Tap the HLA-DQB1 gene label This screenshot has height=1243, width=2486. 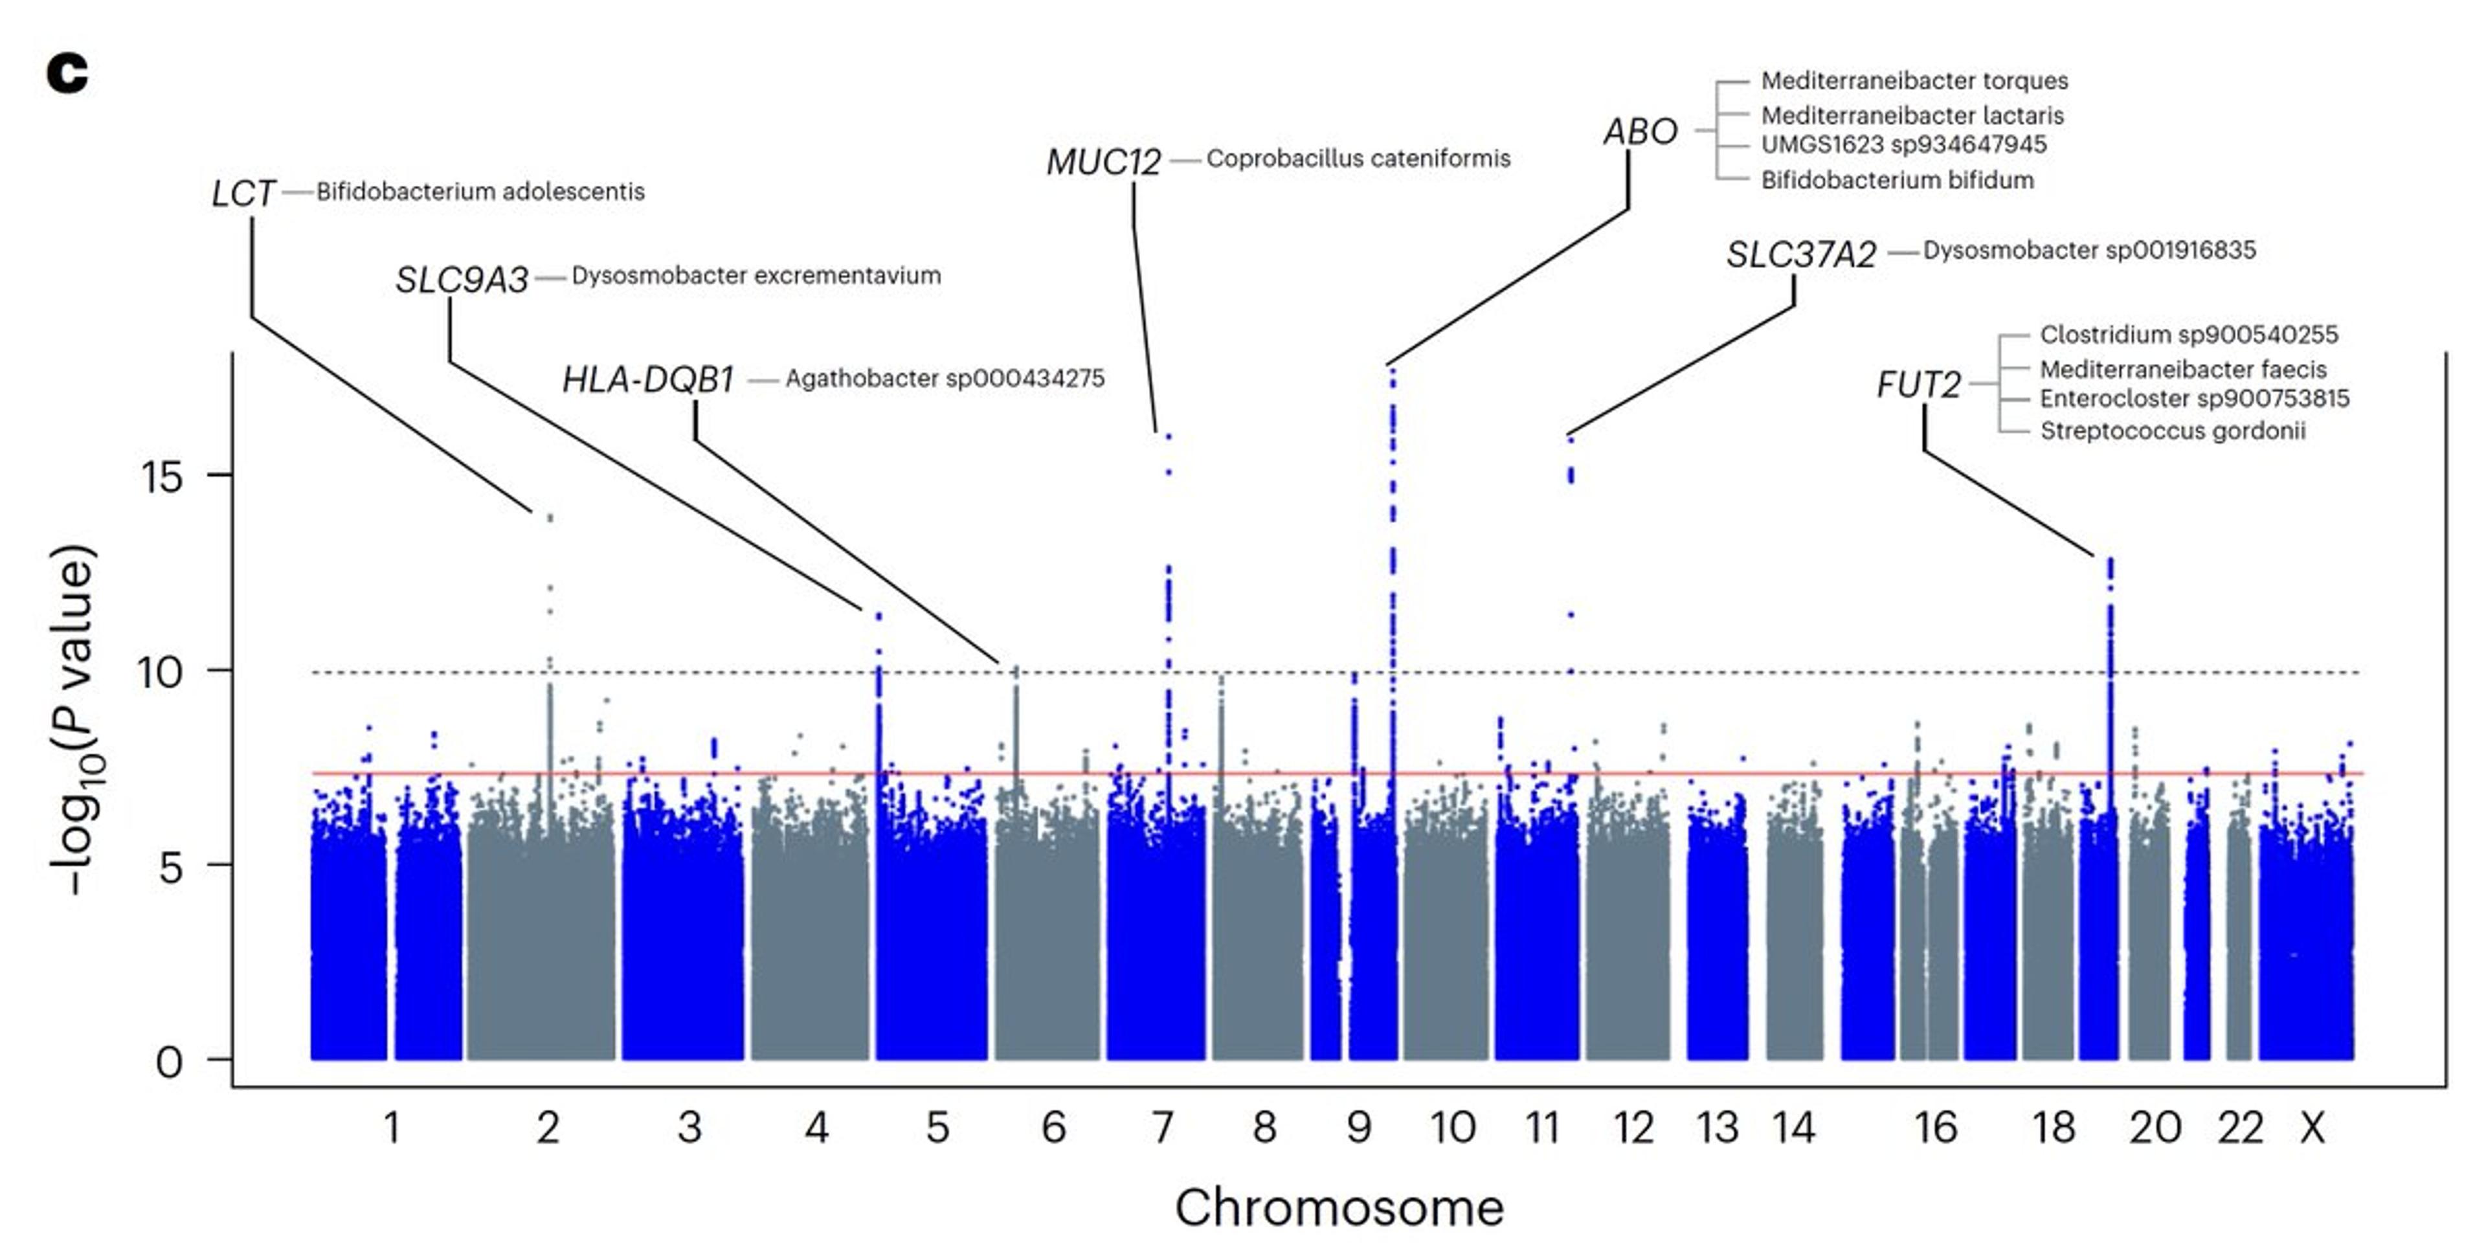coord(649,380)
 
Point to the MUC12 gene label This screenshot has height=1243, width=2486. coord(1104,162)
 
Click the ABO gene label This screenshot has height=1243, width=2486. coord(1641,131)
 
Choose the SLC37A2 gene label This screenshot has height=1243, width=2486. coord(1801,255)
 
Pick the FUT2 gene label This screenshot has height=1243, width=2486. coord(1918,385)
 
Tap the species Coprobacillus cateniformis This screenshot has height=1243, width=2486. coord(1358,158)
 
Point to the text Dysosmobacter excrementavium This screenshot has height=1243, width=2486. coord(756,276)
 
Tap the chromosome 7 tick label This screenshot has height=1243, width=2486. coord(1162,1127)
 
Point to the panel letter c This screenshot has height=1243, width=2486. coord(67,73)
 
